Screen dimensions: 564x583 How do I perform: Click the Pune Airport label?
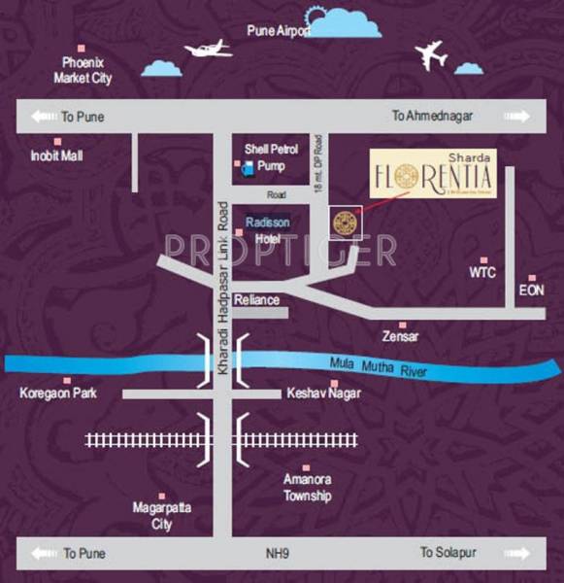tap(279, 31)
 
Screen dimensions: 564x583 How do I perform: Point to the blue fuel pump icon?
tap(248, 167)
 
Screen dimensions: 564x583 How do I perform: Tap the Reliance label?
tap(257, 299)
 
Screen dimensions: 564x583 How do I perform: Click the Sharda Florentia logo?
tap(433, 174)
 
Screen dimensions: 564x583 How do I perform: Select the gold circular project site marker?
tap(344, 223)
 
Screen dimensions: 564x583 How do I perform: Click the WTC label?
tap(482, 273)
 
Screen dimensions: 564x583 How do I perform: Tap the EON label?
tap(531, 290)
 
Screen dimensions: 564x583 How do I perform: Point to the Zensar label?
tap(401, 336)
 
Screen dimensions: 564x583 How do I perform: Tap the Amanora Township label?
tap(308, 488)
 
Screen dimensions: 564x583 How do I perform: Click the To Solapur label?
tap(447, 553)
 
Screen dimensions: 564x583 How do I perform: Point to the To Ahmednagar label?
tap(432, 116)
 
